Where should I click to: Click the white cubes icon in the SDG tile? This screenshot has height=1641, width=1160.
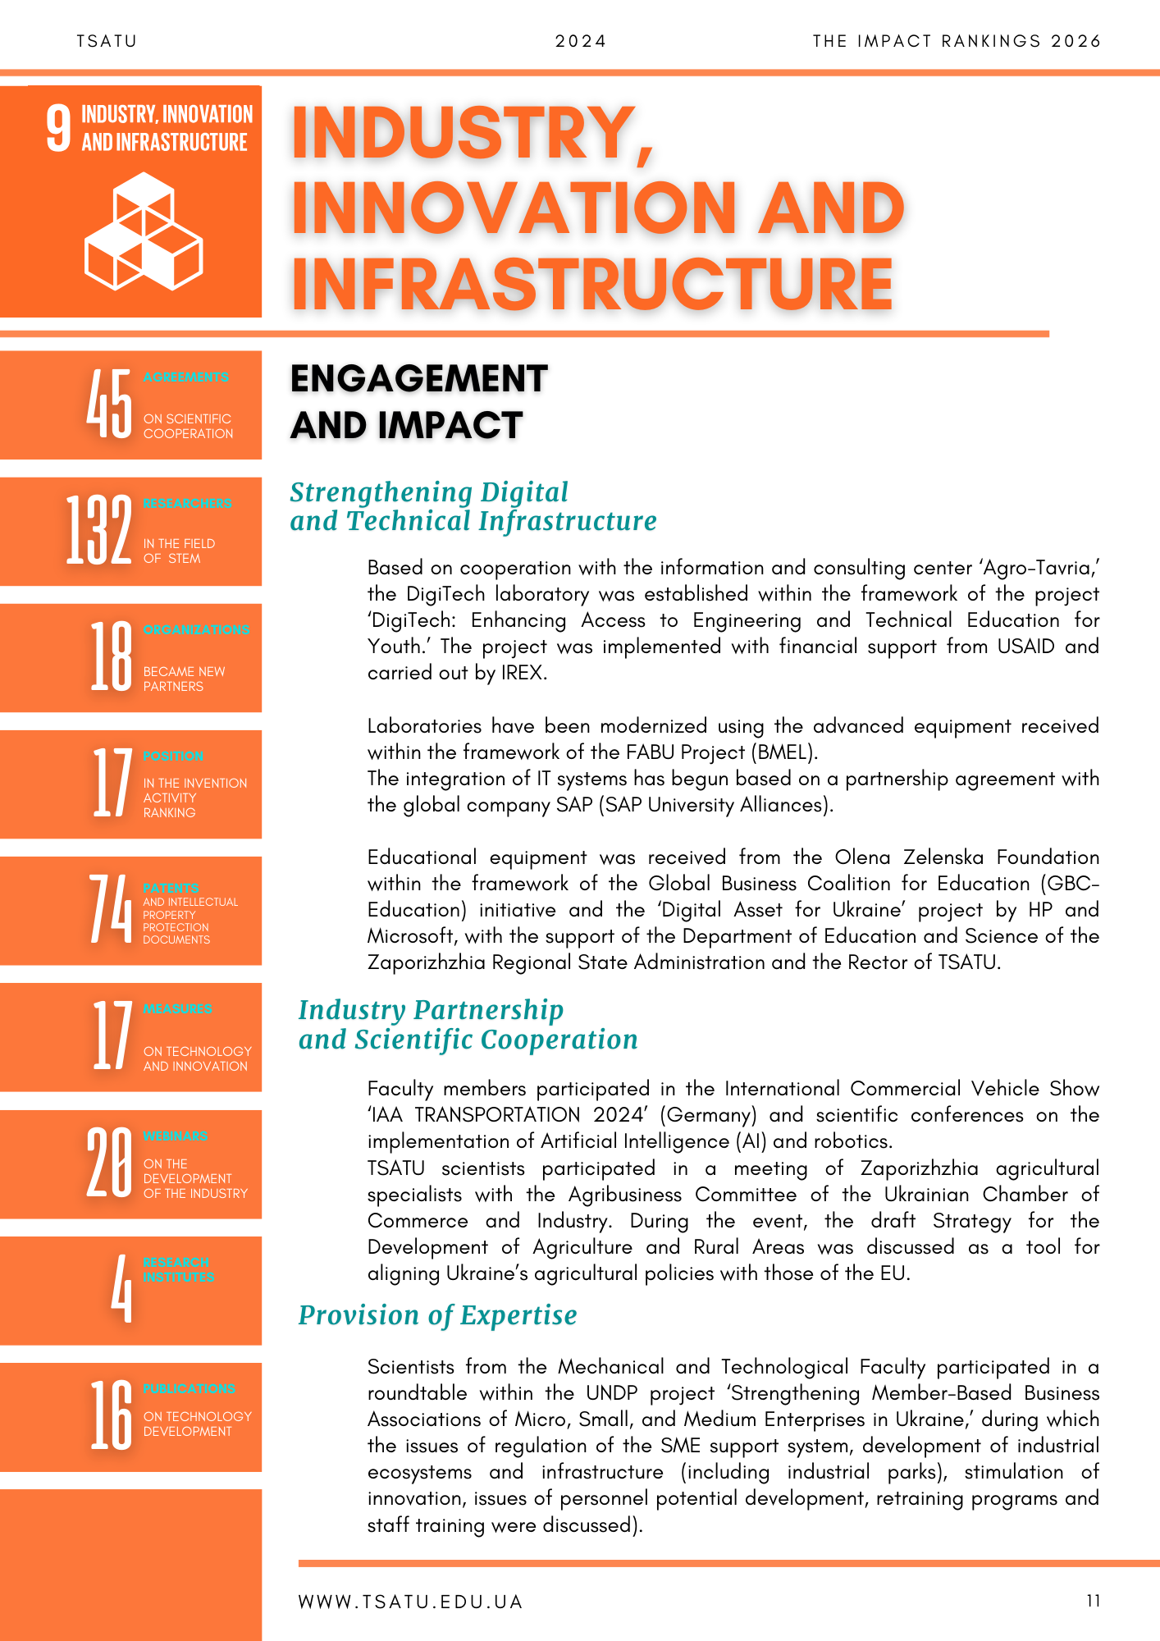pyautogui.click(x=144, y=231)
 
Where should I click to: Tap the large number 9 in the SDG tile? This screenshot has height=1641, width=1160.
pyautogui.click(x=58, y=129)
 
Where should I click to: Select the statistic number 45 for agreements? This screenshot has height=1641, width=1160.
pyautogui.click(x=109, y=404)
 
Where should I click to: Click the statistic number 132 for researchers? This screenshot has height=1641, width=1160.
pyautogui.click(x=98, y=530)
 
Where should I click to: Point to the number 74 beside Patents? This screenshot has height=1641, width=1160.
pyautogui.click(x=110, y=909)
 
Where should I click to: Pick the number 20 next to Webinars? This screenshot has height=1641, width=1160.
pyautogui.click(x=109, y=1163)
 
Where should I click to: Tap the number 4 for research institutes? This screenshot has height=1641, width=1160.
pyautogui.click(x=121, y=1288)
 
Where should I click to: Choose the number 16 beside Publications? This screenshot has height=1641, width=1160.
pyautogui.click(x=111, y=1415)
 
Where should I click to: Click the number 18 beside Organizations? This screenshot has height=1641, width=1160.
pyautogui.click(x=111, y=656)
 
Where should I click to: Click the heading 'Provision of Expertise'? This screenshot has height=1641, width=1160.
pyautogui.click(x=437, y=1315)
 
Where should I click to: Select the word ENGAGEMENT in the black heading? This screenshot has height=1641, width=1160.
pyautogui.click(x=418, y=379)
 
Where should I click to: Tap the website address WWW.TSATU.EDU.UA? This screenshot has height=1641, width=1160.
pyautogui.click(x=410, y=1602)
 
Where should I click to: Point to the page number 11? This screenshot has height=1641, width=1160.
pyautogui.click(x=1093, y=1601)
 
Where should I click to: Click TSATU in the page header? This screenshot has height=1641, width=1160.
pyautogui.click(x=107, y=41)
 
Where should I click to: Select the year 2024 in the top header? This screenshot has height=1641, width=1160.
pyautogui.click(x=580, y=41)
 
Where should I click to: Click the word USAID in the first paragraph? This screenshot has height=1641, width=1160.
pyautogui.click(x=1025, y=647)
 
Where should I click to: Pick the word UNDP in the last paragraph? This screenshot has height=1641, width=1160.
pyautogui.click(x=612, y=1393)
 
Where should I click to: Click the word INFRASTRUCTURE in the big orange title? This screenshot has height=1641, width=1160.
pyautogui.click(x=592, y=284)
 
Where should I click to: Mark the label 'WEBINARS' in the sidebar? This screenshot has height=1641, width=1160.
pyautogui.click(x=176, y=1136)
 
